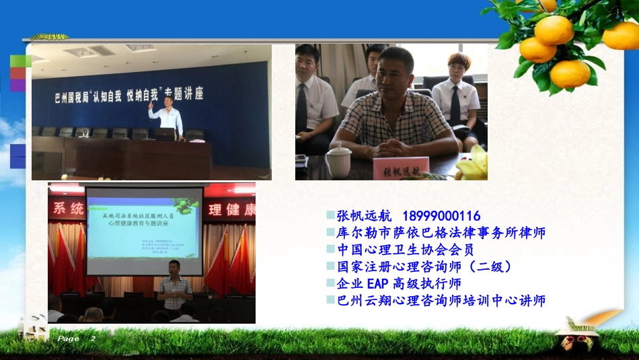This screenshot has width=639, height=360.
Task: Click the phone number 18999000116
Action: coord(442,216)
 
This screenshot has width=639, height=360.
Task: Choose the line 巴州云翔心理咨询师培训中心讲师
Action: coord(441,300)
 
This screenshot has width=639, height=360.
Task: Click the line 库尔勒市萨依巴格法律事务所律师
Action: coord(441,233)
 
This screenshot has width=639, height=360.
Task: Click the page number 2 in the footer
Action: coord(93,339)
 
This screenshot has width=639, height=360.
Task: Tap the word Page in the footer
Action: coord(68,339)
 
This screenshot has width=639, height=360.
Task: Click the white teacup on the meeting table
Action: coord(338,161)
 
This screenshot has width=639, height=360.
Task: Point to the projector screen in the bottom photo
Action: coord(145,231)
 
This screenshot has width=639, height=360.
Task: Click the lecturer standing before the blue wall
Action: coord(167,118)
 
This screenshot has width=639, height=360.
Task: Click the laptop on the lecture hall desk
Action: coord(165,134)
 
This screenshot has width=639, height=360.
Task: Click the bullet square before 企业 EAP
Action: coord(330,283)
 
